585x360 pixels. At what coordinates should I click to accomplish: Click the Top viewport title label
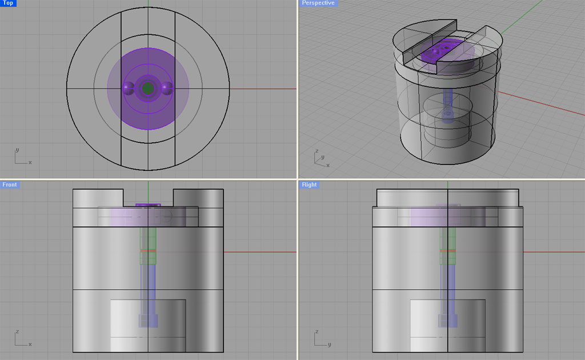tap(8, 3)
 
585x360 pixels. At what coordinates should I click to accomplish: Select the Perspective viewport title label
tap(318, 3)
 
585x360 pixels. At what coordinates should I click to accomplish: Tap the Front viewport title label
tap(10, 185)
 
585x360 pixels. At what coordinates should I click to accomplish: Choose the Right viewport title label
tap(309, 185)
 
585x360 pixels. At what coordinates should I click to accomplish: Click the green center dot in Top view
tap(148, 88)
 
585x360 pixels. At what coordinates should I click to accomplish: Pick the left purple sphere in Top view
tap(129, 88)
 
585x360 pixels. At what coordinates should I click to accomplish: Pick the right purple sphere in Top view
tap(167, 88)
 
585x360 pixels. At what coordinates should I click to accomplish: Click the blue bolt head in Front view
tap(148, 320)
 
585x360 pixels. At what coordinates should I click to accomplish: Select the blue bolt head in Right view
tap(447, 320)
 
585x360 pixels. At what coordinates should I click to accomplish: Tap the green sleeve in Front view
tap(148, 246)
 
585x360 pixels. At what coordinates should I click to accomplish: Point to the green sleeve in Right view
tap(447, 246)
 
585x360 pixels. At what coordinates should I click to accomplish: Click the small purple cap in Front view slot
tap(148, 205)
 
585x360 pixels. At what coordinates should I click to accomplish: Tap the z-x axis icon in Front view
tap(22, 339)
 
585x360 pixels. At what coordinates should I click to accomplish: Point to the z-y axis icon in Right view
tap(320, 339)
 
